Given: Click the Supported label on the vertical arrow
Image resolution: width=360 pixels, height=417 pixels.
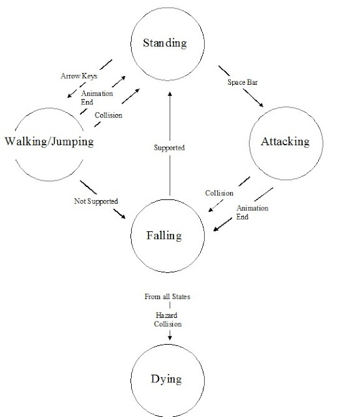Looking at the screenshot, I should tap(170, 148).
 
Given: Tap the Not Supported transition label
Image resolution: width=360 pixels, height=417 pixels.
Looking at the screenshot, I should tap(96, 201).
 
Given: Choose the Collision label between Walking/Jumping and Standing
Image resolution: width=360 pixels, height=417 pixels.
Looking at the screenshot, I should tap(108, 115).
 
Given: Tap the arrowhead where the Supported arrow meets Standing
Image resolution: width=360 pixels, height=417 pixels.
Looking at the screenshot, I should tap(170, 94).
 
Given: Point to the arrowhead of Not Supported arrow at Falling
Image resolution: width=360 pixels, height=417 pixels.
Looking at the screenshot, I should tap(124, 220).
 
